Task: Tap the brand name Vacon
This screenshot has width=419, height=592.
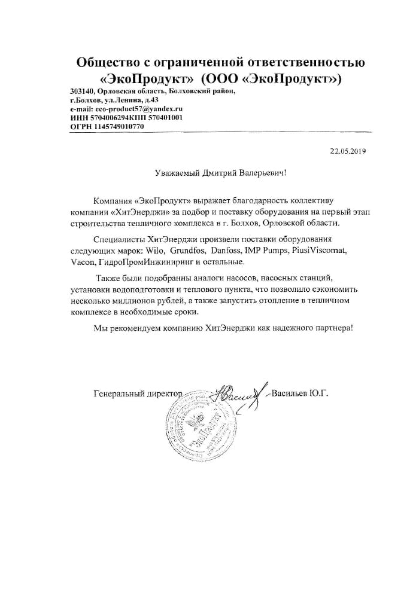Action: point(81,263)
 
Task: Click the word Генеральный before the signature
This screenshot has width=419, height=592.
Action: point(121,393)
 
